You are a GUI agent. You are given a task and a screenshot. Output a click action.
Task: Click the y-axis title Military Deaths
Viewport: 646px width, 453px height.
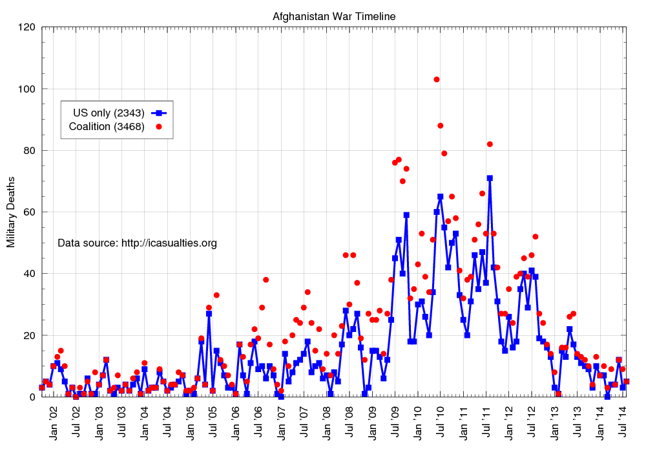tap(11, 212)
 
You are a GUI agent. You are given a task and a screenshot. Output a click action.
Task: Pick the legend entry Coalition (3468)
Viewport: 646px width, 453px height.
tap(107, 126)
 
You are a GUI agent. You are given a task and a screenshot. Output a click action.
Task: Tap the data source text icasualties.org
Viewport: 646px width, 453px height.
tap(137, 243)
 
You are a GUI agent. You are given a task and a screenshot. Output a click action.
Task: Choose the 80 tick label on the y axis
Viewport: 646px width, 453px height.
tap(29, 151)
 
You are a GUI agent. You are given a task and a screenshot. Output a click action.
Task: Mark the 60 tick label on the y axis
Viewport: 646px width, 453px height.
tap(29, 212)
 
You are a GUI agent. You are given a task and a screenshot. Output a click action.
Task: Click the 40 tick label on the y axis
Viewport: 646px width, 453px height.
tap(29, 274)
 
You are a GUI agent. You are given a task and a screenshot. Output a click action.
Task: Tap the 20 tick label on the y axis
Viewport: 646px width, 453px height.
tap(29, 336)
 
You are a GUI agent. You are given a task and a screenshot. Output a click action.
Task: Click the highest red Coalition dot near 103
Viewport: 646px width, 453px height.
tap(437, 80)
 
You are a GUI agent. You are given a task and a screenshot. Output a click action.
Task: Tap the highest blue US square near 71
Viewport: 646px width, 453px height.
tap(490, 178)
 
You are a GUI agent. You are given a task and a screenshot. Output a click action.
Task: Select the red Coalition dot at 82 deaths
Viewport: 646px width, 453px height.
tap(490, 144)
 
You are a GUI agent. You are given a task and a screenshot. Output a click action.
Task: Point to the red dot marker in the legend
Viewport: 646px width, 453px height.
tap(159, 126)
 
